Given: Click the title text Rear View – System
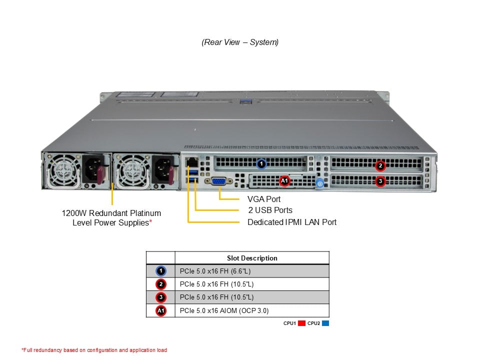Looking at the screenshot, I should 240,42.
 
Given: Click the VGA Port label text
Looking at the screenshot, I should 264,199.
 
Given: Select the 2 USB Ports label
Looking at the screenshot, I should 270,210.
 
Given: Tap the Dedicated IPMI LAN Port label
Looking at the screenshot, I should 292,222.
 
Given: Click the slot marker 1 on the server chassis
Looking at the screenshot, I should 260,163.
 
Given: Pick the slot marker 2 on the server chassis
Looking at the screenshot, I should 380,165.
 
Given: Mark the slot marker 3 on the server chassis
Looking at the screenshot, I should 380,181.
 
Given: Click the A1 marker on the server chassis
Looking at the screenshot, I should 284,180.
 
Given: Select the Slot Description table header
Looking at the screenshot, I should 252,258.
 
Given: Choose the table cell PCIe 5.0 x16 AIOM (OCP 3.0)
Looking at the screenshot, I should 223,310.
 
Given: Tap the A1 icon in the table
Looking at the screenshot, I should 160,310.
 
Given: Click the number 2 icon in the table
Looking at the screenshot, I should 160,284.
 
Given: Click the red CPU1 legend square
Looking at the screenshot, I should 301,323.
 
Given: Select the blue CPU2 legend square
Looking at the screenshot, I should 325,323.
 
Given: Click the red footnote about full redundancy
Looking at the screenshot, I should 94,350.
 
